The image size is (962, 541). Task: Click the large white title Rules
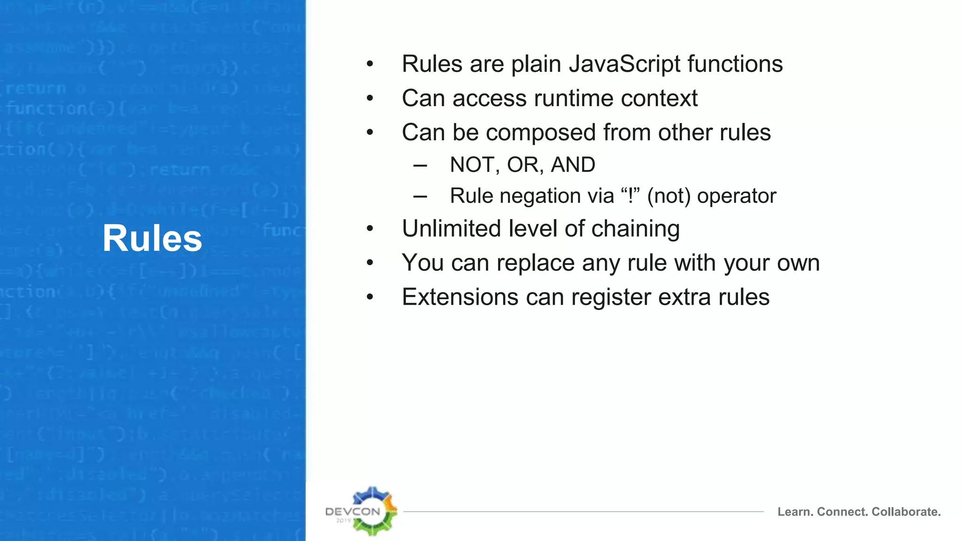[x=152, y=239]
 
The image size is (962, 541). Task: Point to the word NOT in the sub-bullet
[x=472, y=165]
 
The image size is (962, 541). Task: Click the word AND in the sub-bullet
[x=573, y=165]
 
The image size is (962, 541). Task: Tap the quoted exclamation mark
[x=630, y=195]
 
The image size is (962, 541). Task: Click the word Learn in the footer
[x=794, y=512]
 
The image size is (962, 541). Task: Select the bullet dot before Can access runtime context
[x=370, y=99]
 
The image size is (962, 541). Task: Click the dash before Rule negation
[x=420, y=196]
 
